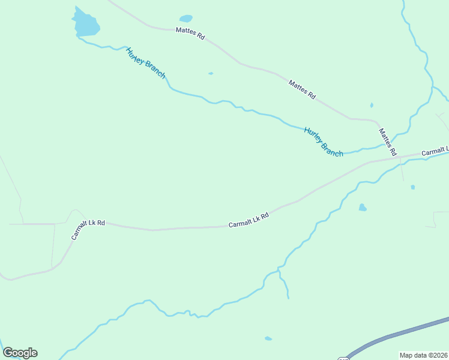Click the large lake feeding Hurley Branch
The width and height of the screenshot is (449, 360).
[86, 24]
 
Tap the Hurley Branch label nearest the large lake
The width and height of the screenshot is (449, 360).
[145, 62]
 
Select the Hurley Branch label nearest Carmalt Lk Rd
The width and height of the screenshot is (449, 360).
[324, 142]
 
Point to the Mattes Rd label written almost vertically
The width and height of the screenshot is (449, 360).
[388, 142]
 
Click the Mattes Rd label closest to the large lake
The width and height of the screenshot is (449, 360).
[190, 33]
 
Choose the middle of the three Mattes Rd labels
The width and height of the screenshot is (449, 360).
[302, 89]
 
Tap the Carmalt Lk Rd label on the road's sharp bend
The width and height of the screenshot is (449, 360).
[88, 230]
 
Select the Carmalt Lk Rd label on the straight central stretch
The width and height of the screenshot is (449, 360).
[248, 220]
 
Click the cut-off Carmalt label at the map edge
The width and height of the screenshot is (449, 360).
[435, 152]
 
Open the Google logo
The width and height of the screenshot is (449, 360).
[20, 353]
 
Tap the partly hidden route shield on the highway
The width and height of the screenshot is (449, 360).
[343, 358]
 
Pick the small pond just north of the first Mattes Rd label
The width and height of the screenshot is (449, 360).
[186, 19]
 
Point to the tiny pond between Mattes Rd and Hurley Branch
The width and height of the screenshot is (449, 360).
[211, 74]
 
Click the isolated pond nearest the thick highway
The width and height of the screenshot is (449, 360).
[268, 338]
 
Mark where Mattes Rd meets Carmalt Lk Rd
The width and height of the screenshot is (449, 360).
[397, 157]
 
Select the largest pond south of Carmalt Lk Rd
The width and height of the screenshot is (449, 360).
[362, 208]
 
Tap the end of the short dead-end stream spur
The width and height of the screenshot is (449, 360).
[288, 298]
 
